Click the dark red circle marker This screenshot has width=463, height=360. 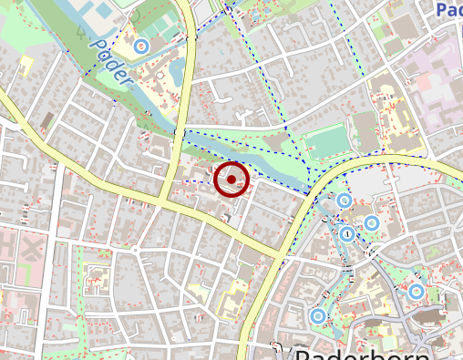coord(232,180)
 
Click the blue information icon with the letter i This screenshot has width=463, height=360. coord(346,234)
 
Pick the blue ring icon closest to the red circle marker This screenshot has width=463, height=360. coord(344,201)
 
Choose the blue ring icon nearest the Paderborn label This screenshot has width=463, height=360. coord(317,315)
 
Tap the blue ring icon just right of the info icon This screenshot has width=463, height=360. coord(371,223)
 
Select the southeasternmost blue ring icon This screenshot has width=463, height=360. coord(417,292)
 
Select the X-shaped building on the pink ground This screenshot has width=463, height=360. coord(33,246)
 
